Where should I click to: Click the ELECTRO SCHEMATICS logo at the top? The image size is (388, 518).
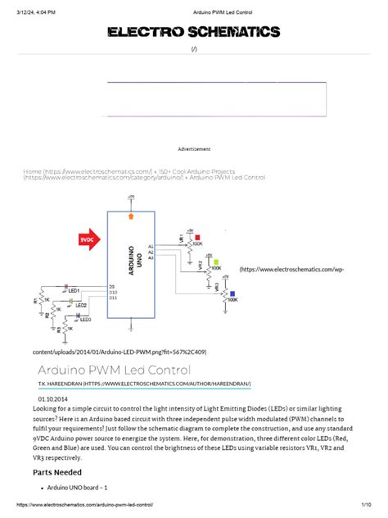194,32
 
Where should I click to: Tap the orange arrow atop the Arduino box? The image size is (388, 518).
130,216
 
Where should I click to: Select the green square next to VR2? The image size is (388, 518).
214,261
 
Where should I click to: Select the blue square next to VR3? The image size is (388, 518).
232,293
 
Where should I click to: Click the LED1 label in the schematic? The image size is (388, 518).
74,291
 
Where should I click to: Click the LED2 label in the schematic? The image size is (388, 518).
80,304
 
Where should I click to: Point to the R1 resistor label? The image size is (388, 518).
35,300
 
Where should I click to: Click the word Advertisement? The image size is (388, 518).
194,149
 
